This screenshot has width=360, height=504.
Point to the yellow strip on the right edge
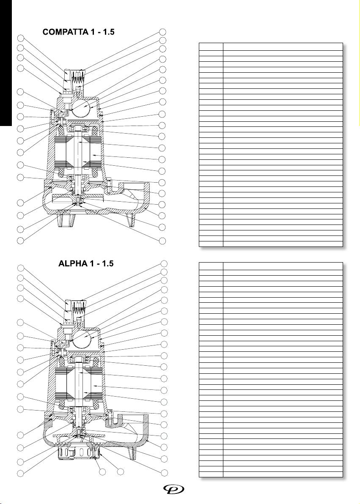coord(359,63)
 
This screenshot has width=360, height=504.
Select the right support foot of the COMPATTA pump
coord(132,220)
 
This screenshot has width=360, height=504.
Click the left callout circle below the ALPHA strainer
coord(101,471)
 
